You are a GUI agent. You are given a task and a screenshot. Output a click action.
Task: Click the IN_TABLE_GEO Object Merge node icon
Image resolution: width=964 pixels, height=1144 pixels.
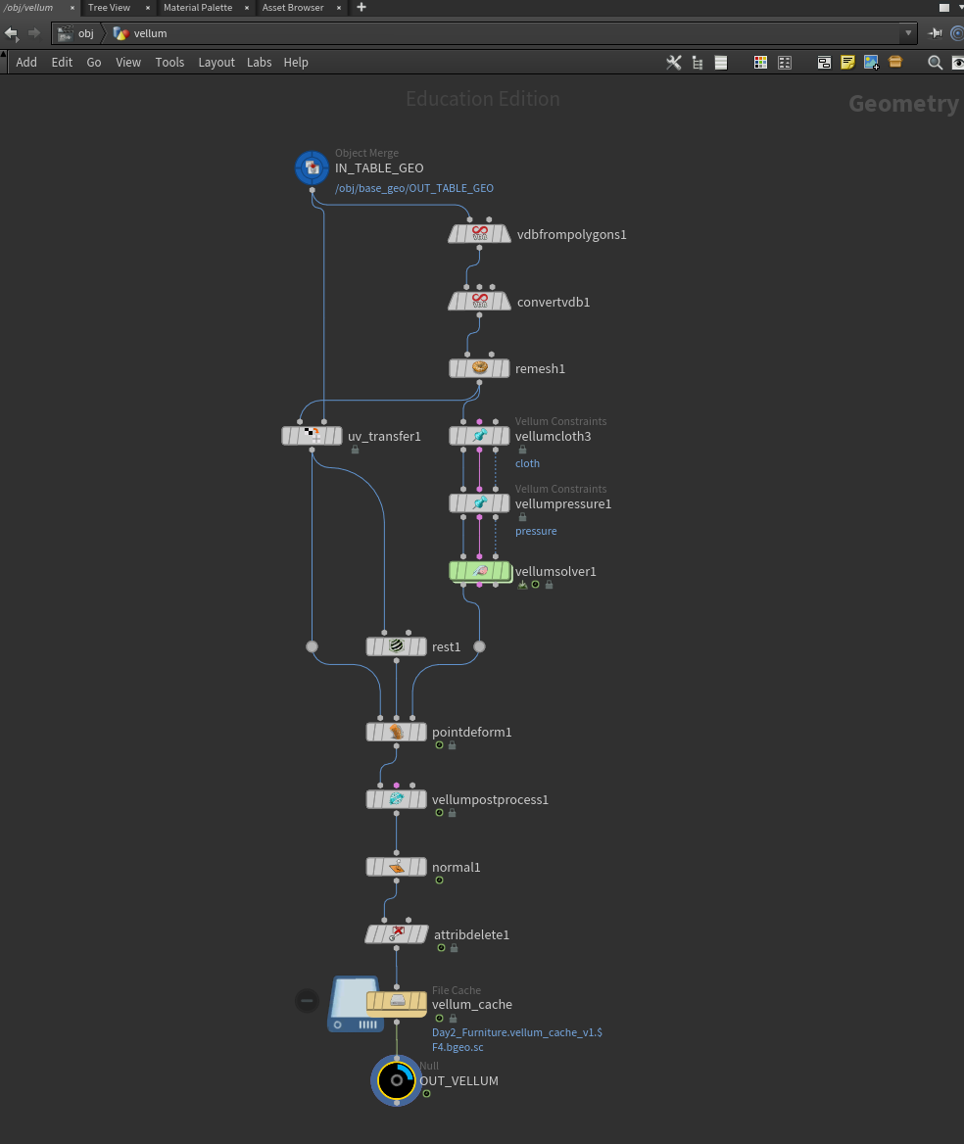tap(312, 167)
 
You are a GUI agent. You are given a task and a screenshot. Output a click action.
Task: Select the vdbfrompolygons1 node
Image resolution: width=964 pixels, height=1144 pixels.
tap(479, 234)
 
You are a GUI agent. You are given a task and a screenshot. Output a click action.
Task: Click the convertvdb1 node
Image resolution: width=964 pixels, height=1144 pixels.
tap(479, 302)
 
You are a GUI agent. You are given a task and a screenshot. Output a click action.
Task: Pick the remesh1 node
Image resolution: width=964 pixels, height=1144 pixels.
tap(479, 368)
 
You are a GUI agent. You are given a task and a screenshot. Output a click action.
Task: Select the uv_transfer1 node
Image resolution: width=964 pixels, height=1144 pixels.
tap(313, 436)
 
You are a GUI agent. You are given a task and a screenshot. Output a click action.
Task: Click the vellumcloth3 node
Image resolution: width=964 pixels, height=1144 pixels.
tap(479, 436)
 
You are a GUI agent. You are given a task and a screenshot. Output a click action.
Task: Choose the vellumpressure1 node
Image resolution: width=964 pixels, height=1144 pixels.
tap(479, 503)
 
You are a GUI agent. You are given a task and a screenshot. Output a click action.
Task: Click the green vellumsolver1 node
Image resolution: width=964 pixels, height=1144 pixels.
tap(479, 571)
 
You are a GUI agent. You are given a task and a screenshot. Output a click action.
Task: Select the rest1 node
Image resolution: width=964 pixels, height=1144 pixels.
tap(396, 646)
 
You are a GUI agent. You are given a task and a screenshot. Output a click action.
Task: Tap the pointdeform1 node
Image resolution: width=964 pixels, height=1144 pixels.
tap(396, 732)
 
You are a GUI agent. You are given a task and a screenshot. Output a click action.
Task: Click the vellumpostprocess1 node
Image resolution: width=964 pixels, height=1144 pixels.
tap(396, 799)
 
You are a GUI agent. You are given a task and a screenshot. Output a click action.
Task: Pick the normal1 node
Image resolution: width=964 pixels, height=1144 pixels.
tap(396, 867)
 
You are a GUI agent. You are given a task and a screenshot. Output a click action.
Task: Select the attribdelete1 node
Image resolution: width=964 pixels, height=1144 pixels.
tap(396, 933)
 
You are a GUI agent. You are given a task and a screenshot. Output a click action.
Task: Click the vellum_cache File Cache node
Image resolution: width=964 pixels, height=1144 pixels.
tap(396, 1003)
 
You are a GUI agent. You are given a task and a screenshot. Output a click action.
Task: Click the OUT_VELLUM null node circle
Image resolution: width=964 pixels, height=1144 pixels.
tap(396, 1080)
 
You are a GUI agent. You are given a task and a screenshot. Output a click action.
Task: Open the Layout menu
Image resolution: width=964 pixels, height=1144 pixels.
tap(217, 62)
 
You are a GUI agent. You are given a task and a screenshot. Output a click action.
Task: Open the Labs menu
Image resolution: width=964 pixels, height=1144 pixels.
tap(259, 62)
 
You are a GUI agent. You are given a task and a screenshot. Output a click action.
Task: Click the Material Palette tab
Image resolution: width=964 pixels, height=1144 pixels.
tap(198, 7)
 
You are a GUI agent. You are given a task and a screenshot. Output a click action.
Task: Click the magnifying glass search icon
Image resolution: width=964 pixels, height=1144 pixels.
tap(935, 63)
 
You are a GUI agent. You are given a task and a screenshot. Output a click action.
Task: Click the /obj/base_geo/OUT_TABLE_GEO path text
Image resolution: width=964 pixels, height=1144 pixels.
tap(413, 188)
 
